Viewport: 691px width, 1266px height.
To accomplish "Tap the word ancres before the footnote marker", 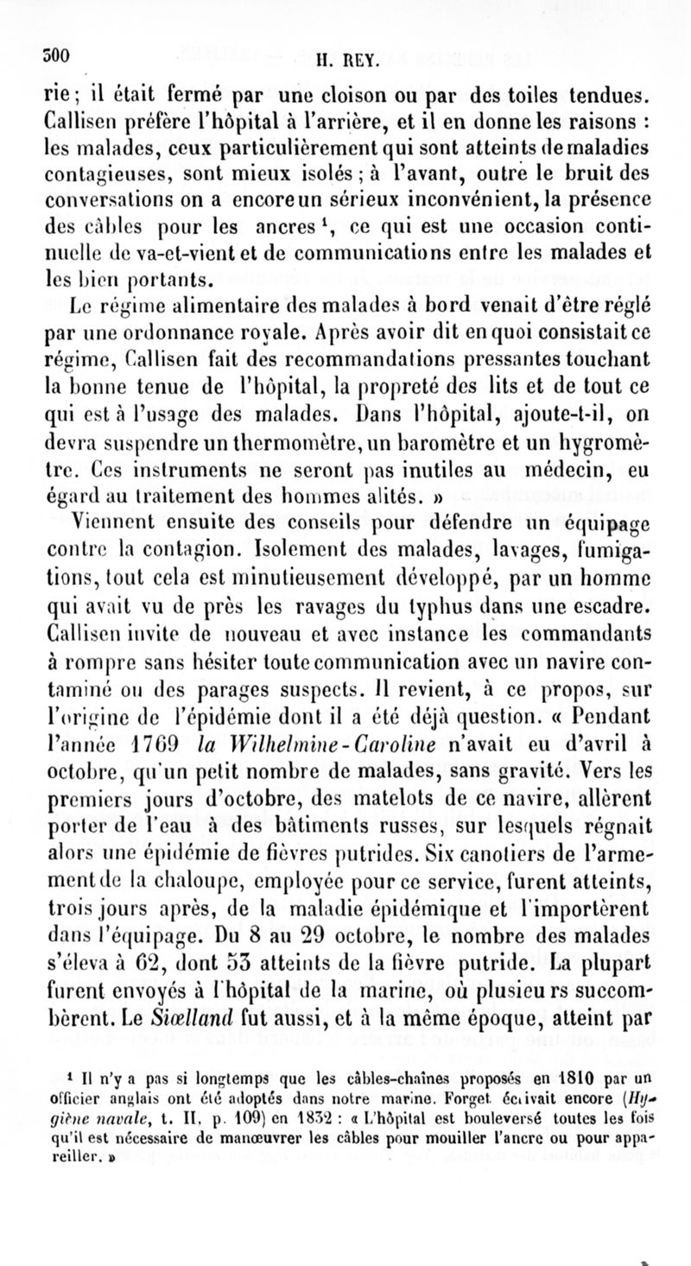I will coord(295,233).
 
